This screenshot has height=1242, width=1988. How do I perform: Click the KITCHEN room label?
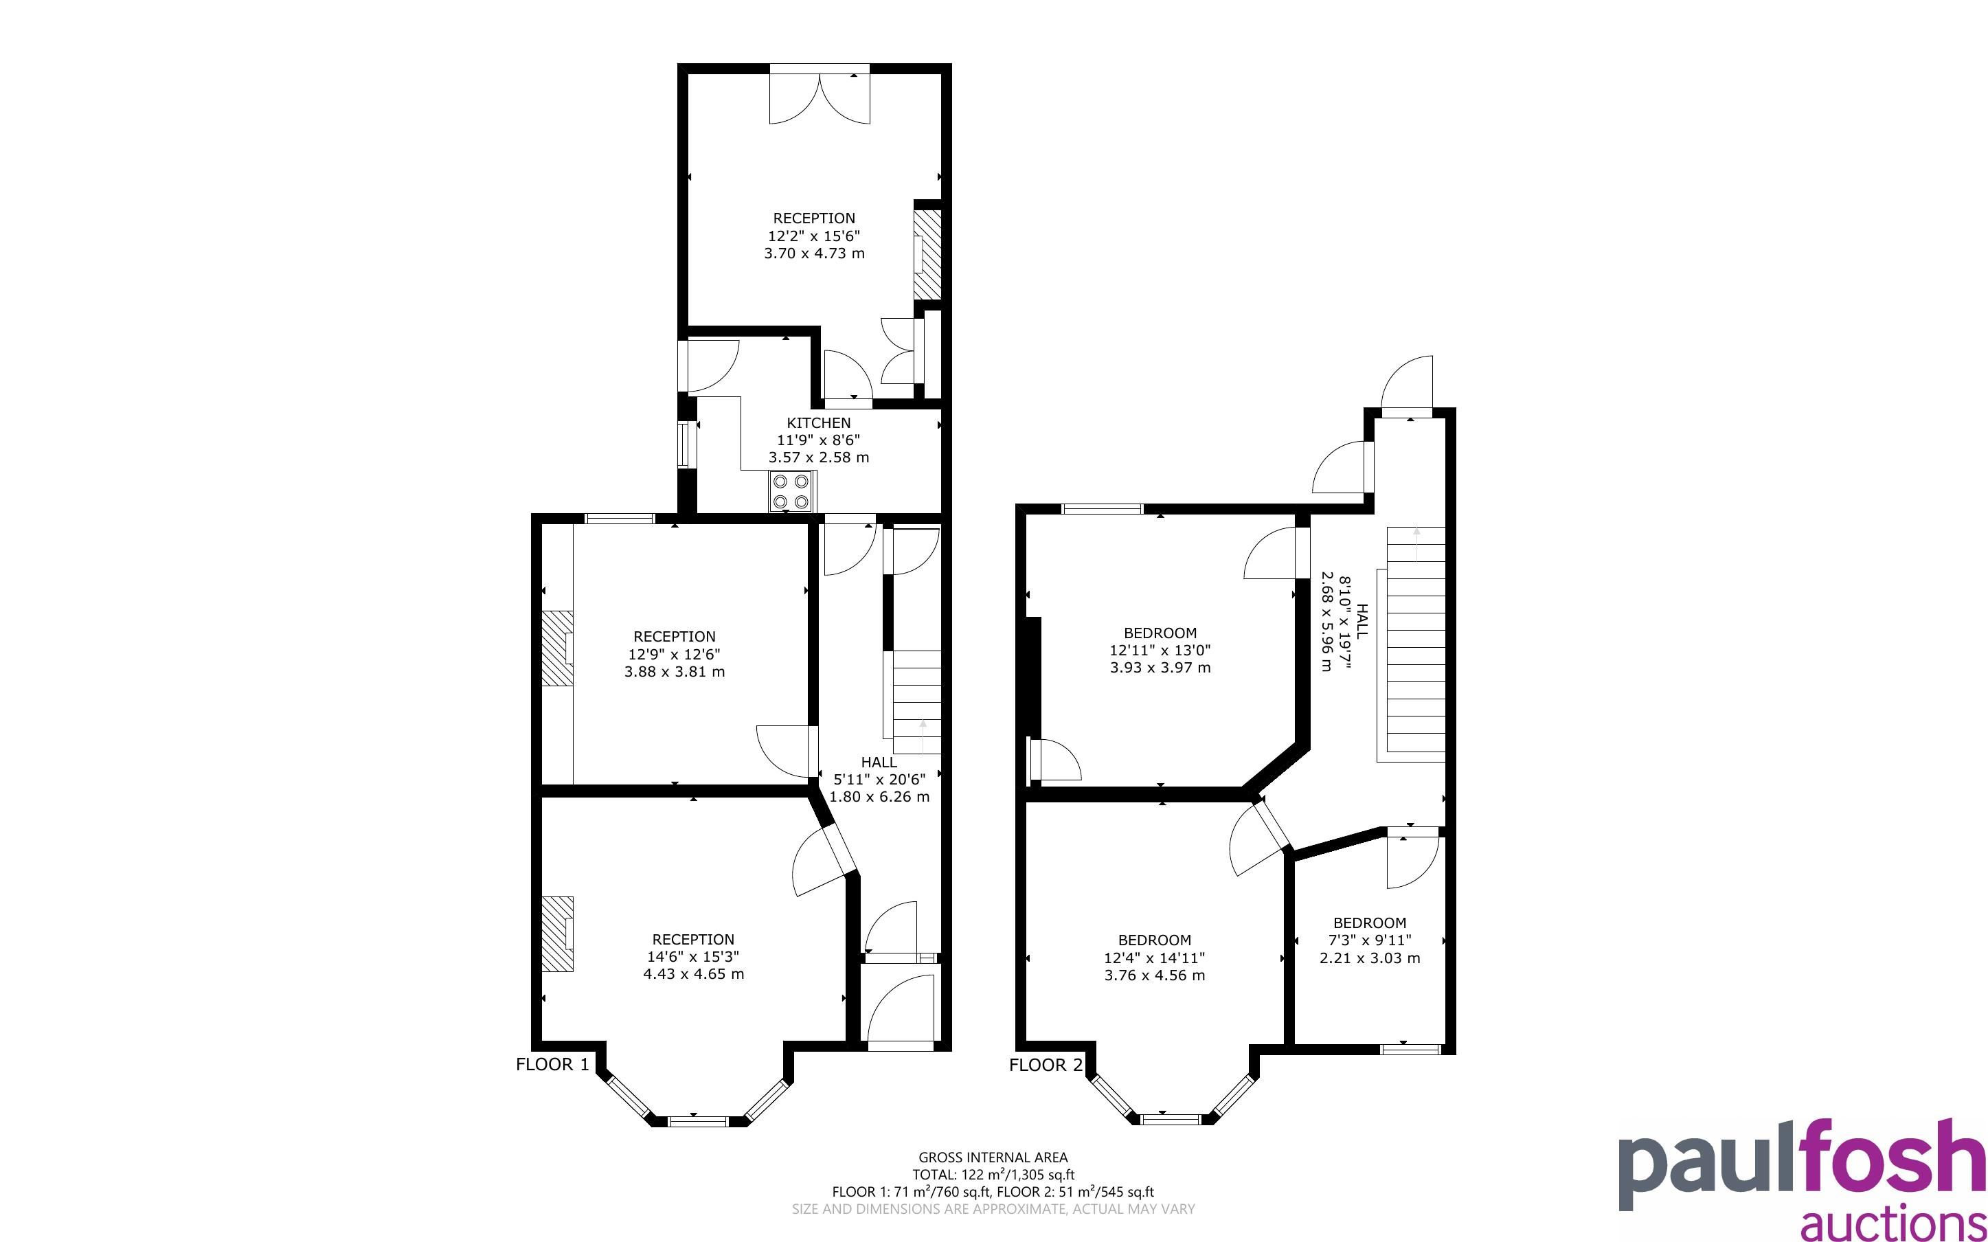tap(818, 423)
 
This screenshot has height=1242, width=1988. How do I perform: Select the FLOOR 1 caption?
tap(552, 1065)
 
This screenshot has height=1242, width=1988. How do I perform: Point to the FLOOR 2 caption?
tap(1046, 1065)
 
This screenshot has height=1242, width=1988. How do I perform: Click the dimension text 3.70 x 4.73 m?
tap(814, 253)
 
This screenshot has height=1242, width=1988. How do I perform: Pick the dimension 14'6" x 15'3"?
tap(693, 957)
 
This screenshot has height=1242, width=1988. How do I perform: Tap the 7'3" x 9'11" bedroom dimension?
tap(1370, 940)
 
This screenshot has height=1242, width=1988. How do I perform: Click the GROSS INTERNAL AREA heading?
tap(993, 1158)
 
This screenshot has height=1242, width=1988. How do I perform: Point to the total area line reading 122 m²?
tap(993, 1175)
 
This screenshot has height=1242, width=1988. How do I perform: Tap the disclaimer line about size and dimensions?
tap(993, 1209)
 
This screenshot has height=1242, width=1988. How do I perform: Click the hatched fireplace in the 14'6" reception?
tap(556, 935)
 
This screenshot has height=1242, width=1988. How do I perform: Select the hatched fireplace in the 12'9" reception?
tap(556, 648)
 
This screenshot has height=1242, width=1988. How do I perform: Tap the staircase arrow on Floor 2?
tap(1416, 545)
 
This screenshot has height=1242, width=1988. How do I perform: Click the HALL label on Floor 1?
tap(879, 763)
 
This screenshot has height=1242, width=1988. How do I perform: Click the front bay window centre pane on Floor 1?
tap(697, 1120)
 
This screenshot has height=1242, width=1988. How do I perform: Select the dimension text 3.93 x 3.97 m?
tap(1160, 668)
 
